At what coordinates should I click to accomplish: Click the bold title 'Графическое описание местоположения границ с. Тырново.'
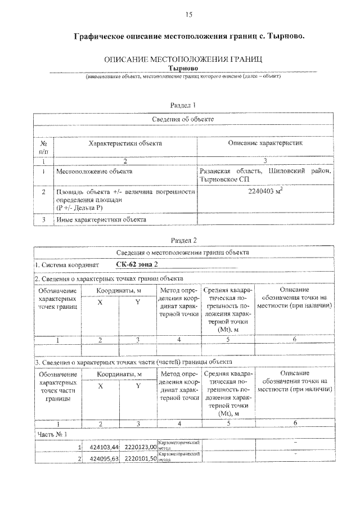191,37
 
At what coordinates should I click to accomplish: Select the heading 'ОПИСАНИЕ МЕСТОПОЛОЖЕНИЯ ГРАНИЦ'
183,59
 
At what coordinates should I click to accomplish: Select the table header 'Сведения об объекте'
183,119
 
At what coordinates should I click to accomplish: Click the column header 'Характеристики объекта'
125,143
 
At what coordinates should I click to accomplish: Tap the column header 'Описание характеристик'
265,143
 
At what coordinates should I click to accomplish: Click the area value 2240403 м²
265,192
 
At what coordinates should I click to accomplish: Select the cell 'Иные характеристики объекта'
101,220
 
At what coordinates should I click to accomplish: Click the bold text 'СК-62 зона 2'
137,264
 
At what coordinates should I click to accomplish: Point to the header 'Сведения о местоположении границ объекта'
183,252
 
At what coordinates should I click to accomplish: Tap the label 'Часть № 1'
52,434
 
